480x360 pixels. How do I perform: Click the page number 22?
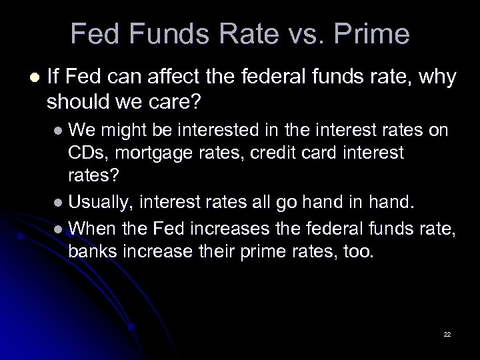click(447, 333)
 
